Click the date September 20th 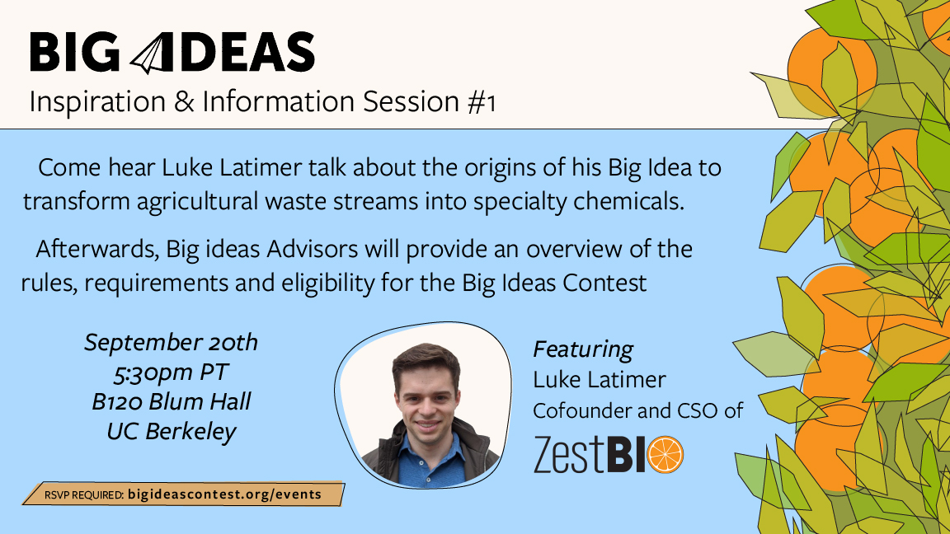[171, 342]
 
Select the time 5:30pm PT [171, 372]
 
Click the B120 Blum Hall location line [171, 402]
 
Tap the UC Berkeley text [171, 431]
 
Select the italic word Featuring [583, 349]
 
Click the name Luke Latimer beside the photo [599, 380]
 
